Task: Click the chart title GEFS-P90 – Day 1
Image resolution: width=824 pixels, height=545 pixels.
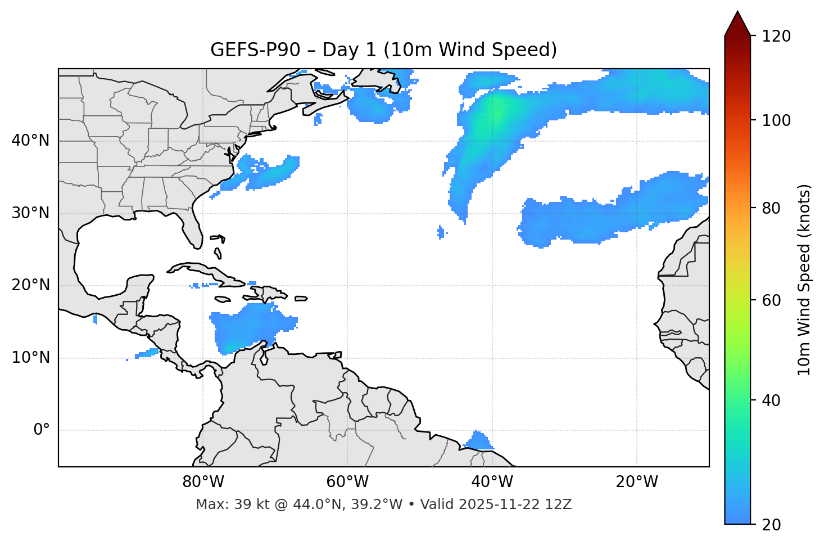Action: [383, 50]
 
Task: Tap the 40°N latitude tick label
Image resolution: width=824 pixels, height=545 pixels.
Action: [30, 141]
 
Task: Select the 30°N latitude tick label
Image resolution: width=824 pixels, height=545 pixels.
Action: [30, 213]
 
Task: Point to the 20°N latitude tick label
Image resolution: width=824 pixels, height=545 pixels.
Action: [30, 285]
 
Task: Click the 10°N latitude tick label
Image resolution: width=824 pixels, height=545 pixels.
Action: [30, 358]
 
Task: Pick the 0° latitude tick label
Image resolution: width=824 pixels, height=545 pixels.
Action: [42, 430]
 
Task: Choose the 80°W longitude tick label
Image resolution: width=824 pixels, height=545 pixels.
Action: [203, 482]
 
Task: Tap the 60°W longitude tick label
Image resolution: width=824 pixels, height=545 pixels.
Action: [347, 482]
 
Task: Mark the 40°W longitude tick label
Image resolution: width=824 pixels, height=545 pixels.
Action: [492, 482]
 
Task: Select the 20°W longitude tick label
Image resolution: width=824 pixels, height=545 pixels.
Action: [636, 482]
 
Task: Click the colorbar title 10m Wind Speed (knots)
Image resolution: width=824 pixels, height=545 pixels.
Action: [804, 280]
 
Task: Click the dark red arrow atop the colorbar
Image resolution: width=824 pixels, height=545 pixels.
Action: [737, 24]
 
